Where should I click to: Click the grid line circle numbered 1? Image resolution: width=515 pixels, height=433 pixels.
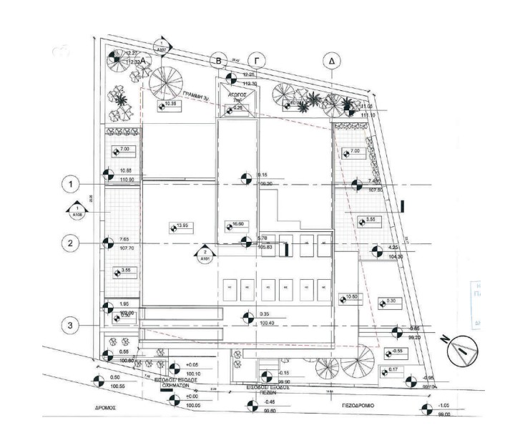click(x=70, y=185)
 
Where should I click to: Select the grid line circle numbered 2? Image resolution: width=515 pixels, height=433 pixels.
click(x=70, y=243)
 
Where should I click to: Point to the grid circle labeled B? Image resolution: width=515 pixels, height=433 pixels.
click(x=220, y=61)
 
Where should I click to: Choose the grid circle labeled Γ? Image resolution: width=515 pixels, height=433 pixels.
click(x=254, y=61)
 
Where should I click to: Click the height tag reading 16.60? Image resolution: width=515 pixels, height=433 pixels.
click(x=239, y=225)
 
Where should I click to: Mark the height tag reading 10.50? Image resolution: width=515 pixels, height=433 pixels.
click(x=350, y=297)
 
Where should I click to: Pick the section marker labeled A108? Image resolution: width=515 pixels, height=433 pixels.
click(x=77, y=210)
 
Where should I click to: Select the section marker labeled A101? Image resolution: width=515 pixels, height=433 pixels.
click(x=205, y=255)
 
